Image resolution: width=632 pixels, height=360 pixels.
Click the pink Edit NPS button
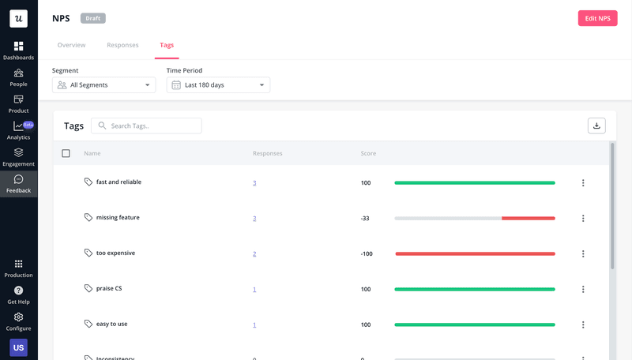pos(597,18)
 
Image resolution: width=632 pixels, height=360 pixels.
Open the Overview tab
pos(72,45)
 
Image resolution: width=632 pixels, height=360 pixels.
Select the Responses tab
pos(122,45)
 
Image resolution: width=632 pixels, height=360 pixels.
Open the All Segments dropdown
pos(103,84)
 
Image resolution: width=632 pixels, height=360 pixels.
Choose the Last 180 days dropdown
pos(218,84)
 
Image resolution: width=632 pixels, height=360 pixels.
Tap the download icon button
pos(596,126)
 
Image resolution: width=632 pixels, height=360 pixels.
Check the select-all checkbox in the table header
pos(66,153)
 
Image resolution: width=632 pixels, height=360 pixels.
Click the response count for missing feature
pos(254,218)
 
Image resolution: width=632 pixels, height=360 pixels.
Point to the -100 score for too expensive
pos(367,253)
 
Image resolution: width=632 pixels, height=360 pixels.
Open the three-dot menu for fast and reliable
pos(583,182)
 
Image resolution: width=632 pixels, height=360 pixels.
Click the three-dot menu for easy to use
pos(583,324)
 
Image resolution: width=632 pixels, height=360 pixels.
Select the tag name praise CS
pos(109,289)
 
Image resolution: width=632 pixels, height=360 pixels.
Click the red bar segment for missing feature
pos(529,218)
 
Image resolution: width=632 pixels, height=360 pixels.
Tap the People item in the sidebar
pos(18,77)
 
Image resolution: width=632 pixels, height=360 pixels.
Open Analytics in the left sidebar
pos(18,129)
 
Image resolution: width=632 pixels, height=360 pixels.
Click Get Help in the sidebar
pos(18,295)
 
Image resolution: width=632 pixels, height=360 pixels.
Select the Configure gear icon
pos(18,317)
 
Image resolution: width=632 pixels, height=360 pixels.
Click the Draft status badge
pos(92,18)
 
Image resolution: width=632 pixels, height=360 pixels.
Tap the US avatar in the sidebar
pos(18,347)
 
